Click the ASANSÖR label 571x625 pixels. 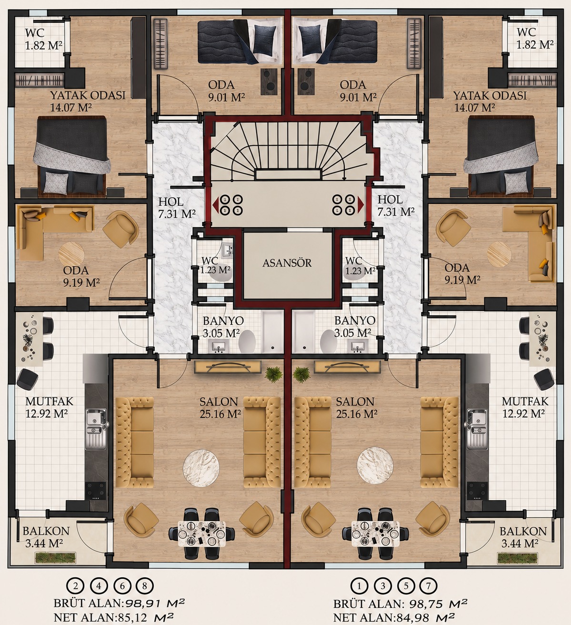tap(287, 263)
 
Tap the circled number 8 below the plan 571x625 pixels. tap(145, 586)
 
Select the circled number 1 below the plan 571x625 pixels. tap(359, 586)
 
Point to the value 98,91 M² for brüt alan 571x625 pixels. tap(155, 603)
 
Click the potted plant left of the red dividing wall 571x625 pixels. tap(273, 373)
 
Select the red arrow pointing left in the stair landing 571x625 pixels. tap(216, 205)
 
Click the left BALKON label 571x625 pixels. tap(46, 531)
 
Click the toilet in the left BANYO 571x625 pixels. tap(247, 341)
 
